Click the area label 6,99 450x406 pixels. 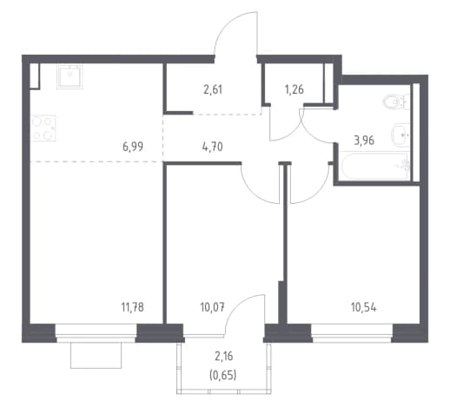(x=133, y=147)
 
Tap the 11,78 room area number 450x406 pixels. (x=133, y=307)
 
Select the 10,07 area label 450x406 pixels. (x=212, y=307)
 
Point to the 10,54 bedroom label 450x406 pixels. (x=364, y=307)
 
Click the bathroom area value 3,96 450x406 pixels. (x=364, y=141)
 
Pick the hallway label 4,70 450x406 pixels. (x=213, y=147)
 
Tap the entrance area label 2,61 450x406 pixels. (x=213, y=89)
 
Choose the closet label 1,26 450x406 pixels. (x=294, y=89)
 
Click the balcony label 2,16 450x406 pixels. (x=224, y=357)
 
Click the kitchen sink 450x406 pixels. (x=69, y=76)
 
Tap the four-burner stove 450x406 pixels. (x=43, y=128)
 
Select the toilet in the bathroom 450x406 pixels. (x=396, y=101)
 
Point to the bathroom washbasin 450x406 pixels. (x=400, y=134)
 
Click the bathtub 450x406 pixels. (x=375, y=166)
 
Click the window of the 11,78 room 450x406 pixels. (x=96, y=333)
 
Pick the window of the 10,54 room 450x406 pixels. (x=352, y=333)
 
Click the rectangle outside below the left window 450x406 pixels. (x=96, y=356)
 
